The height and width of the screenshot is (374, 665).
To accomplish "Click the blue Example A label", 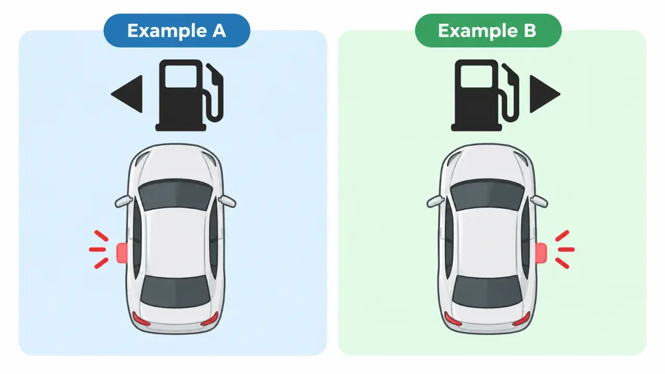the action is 177,30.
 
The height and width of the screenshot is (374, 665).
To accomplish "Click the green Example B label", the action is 488,30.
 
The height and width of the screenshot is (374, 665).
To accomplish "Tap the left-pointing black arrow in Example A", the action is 127,94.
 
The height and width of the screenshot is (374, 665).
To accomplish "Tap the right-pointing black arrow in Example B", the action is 545,94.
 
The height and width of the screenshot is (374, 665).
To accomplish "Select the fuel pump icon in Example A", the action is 189,95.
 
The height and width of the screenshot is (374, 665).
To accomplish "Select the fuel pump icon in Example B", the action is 485,95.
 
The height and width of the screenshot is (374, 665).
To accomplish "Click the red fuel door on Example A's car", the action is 122,253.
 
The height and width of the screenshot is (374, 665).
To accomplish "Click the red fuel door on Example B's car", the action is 541,253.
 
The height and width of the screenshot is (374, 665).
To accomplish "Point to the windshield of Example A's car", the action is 176,194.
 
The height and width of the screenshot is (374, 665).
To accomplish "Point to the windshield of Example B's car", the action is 487,194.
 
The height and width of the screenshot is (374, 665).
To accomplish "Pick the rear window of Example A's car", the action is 176,291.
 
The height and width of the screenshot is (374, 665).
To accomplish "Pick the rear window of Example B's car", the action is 487,291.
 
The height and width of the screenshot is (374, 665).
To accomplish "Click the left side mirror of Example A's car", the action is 124,201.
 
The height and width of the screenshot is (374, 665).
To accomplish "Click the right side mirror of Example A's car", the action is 228,201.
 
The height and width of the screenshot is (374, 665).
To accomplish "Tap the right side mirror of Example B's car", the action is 539,201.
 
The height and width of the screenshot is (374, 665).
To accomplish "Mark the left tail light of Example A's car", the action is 141,319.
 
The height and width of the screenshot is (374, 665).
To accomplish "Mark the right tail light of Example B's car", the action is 522,319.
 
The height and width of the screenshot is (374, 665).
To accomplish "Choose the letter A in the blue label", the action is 219,30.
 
